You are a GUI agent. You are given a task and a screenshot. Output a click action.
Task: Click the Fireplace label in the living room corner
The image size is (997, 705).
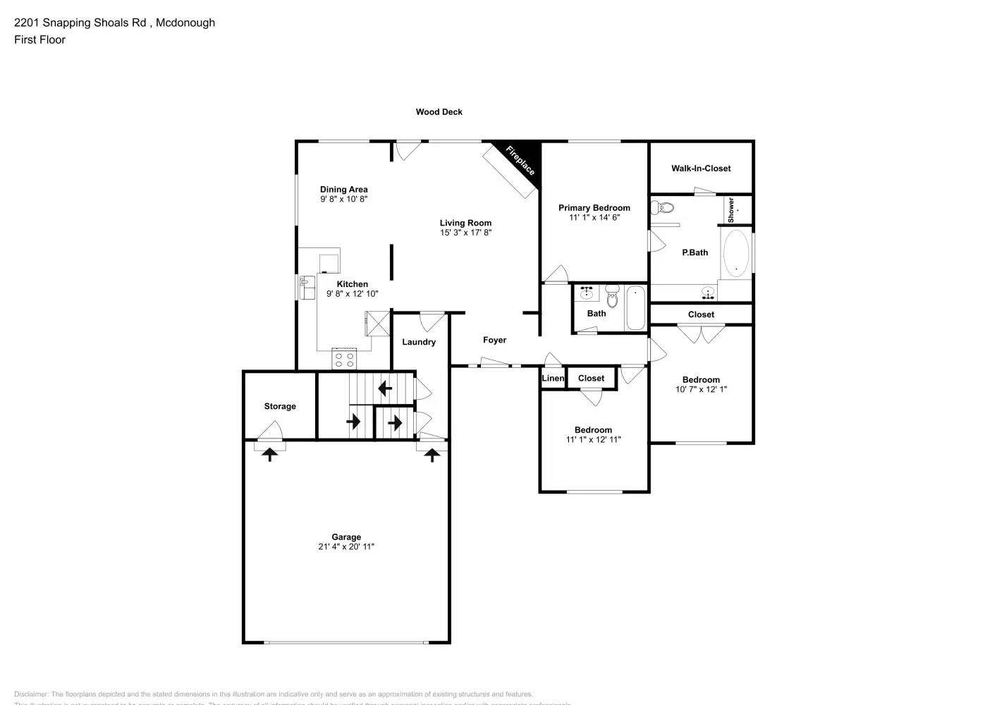point(520,161)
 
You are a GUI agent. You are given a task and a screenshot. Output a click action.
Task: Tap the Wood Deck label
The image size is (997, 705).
point(439,112)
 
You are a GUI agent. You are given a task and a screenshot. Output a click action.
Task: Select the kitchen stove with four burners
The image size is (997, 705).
point(344,360)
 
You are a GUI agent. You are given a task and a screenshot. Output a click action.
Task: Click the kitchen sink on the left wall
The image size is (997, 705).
point(307,288)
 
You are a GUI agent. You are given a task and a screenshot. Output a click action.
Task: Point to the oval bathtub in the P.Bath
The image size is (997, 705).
point(735,253)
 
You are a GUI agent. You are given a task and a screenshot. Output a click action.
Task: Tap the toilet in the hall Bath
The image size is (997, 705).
point(612,298)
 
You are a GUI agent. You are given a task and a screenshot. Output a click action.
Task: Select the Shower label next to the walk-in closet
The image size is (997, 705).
point(731,209)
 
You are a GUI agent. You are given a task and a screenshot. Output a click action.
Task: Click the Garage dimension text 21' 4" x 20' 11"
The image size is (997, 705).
point(346,546)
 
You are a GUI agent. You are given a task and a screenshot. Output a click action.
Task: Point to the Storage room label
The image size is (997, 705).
point(280,407)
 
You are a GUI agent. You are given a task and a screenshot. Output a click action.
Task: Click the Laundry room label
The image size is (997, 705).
point(419,342)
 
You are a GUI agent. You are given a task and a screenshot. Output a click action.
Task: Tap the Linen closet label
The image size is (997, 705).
point(553,379)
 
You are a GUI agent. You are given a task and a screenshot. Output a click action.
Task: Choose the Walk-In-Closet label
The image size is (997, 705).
point(701,168)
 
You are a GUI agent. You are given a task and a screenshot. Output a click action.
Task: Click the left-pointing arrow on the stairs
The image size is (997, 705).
point(385,388)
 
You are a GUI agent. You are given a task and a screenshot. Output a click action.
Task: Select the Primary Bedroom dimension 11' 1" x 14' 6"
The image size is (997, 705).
point(594,218)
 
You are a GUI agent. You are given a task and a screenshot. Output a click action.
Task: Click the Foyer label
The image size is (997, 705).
point(494,340)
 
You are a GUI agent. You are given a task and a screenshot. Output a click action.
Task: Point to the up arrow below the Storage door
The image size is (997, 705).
point(269,455)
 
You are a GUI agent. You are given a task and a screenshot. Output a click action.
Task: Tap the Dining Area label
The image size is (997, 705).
point(343,189)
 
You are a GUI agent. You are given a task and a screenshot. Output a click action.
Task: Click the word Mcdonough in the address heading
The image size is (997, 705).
point(185,23)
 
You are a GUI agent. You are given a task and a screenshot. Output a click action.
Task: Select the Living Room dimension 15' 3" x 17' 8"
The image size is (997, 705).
point(465,233)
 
